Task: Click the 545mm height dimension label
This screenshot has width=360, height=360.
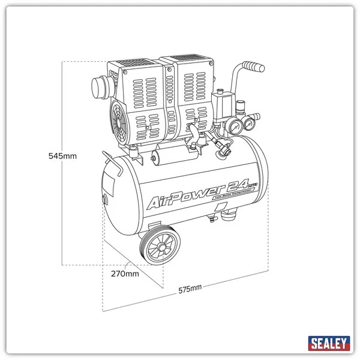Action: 63,156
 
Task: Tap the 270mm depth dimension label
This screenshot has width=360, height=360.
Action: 125,274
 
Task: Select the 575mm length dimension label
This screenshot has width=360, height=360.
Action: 190,289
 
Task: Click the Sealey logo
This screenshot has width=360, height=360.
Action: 329,343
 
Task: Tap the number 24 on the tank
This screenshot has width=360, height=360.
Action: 237,181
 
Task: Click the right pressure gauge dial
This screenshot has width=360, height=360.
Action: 247,125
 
